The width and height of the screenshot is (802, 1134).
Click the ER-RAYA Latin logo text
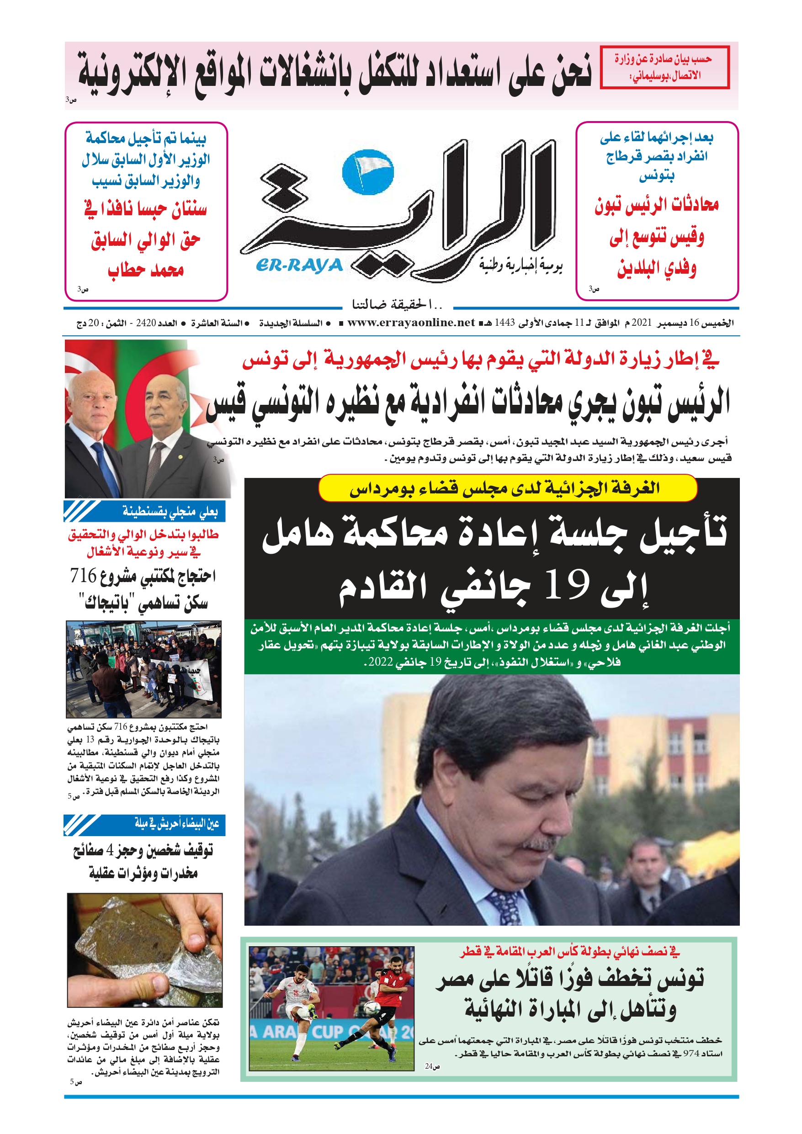299,266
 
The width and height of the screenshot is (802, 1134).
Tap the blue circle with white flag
368,172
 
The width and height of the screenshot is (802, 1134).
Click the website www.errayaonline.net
411,323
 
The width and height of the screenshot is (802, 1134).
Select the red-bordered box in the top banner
664,67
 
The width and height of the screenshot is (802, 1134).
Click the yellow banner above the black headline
508,488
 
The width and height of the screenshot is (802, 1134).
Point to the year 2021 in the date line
642,323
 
